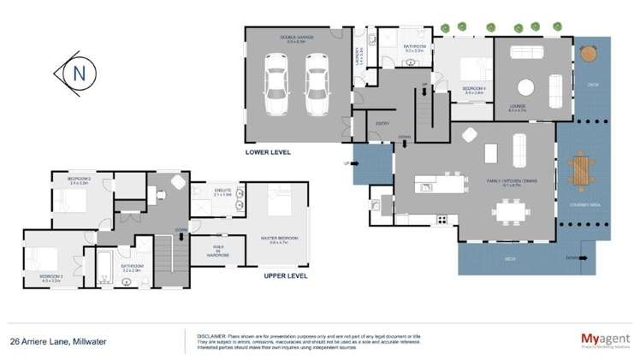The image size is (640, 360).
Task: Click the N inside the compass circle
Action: click(x=78, y=73)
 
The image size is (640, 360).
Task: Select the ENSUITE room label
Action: click(x=222, y=192)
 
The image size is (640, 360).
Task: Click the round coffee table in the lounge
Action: click(x=525, y=86)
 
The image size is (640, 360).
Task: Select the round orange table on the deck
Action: click(x=588, y=53)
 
